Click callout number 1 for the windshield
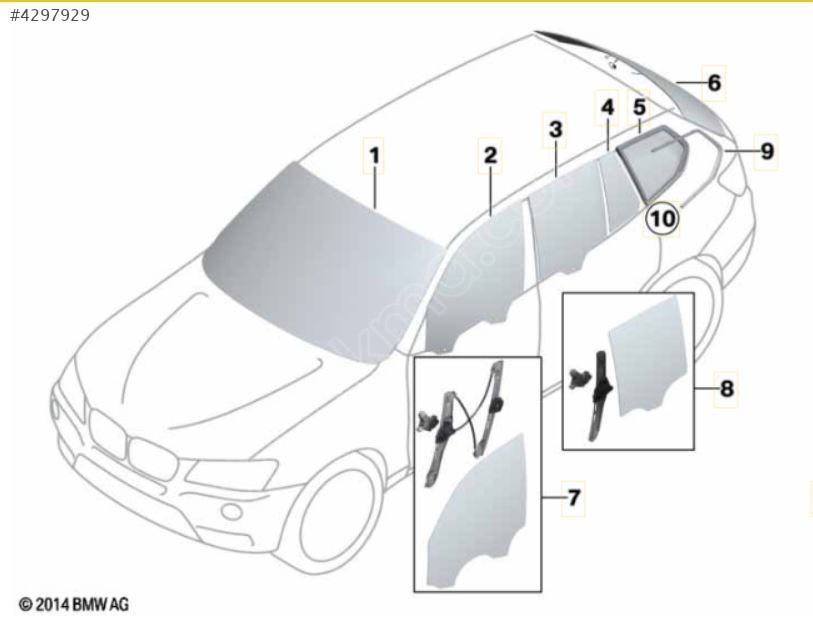pyautogui.click(x=374, y=155)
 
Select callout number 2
pyautogui.click(x=490, y=155)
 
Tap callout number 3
pyautogui.click(x=555, y=129)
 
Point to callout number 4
pyautogui.click(x=607, y=107)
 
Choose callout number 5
pyautogui.click(x=639, y=107)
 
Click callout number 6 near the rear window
pyautogui.click(x=714, y=83)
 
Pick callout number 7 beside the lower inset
pyautogui.click(x=573, y=498)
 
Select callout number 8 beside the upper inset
pyautogui.click(x=726, y=388)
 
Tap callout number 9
pyautogui.click(x=767, y=151)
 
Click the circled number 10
pyautogui.click(x=662, y=218)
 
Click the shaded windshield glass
pyautogui.click(x=321, y=259)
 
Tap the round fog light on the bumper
pyautogui.click(x=231, y=512)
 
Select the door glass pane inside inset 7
pyautogui.click(x=476, y=513)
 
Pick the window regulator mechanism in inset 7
pyautogui.click(x=461, y=421)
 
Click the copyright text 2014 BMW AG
pyautogui.click(x=74, y=604)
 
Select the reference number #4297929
pyautogui.click(x=50, y=16)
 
